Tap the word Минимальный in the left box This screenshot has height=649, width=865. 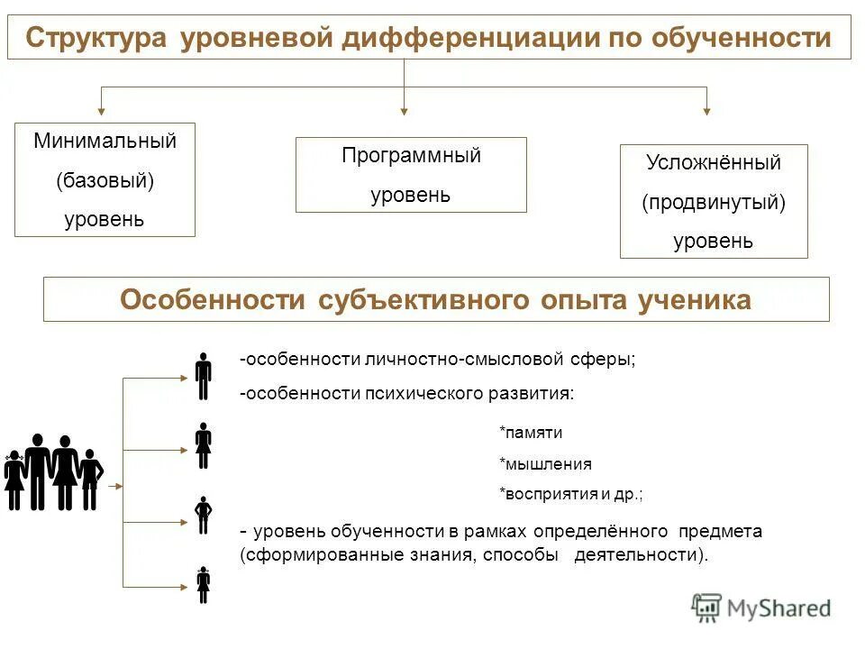tap(105, 142)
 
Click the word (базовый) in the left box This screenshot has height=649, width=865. tap(105, 180)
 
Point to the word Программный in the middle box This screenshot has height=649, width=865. tap(411, 155)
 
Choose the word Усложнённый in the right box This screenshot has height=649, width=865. tap(713, 163)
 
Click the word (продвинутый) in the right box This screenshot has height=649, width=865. tap(713, 202)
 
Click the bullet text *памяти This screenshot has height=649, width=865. tap(531, 433)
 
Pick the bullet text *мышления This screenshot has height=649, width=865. tap(545, 464)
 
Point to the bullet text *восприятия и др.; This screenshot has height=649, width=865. tap(571, 495)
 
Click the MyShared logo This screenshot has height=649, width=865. tap(761, 608)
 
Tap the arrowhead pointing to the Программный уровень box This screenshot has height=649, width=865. tap(404, 111)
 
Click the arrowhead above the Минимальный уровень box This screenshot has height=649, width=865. tap(101, 111)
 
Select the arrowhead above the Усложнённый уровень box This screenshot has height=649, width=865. tap(706, 111)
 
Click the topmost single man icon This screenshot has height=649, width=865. tap(204, 376)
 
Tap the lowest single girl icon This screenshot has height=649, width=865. tap(204, 584)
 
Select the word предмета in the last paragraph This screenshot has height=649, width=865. tap(720, 532)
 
